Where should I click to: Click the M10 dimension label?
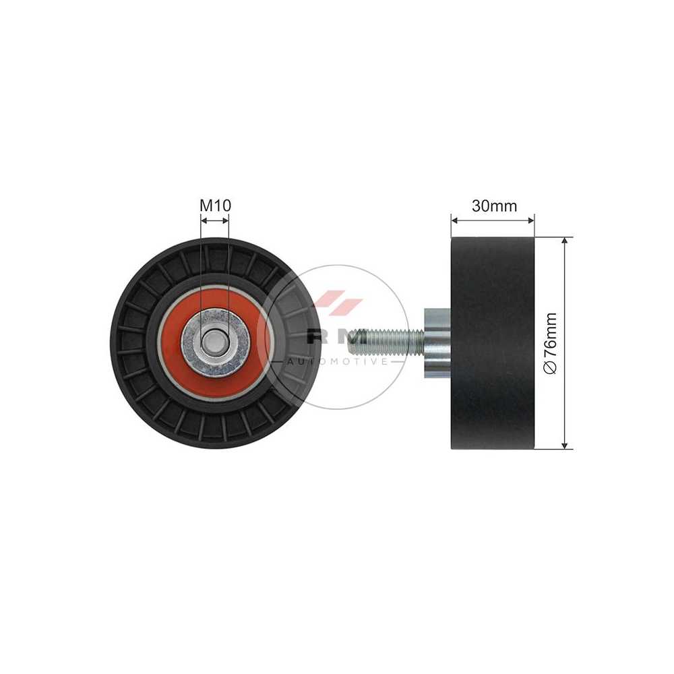[215, 206]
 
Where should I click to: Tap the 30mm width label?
[494, 206]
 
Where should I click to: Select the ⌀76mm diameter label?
[550, 343]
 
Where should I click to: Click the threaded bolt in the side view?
[387, 336]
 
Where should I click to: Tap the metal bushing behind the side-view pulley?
[437, 343]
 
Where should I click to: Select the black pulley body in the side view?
[493, 343]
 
